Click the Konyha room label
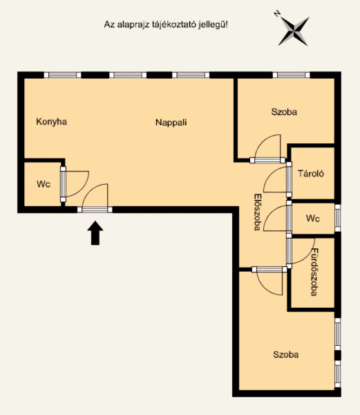tap(51, 122)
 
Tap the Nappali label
tap(171, 122)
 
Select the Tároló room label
tap(311, 174)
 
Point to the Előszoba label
tap(257, 212)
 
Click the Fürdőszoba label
tap(314, 272)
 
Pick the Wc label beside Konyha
tap(44, 184)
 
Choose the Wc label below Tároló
tap(313, 219)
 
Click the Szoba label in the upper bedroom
tap(284, 111)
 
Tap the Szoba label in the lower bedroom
tap(286, 354)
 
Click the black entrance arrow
tap(95, 233)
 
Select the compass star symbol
tap(294, 31)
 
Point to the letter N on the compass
tap(277, 13)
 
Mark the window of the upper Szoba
tap(292, 75)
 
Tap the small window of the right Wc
tap(338, 218)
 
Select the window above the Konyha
tap(62, 75)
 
